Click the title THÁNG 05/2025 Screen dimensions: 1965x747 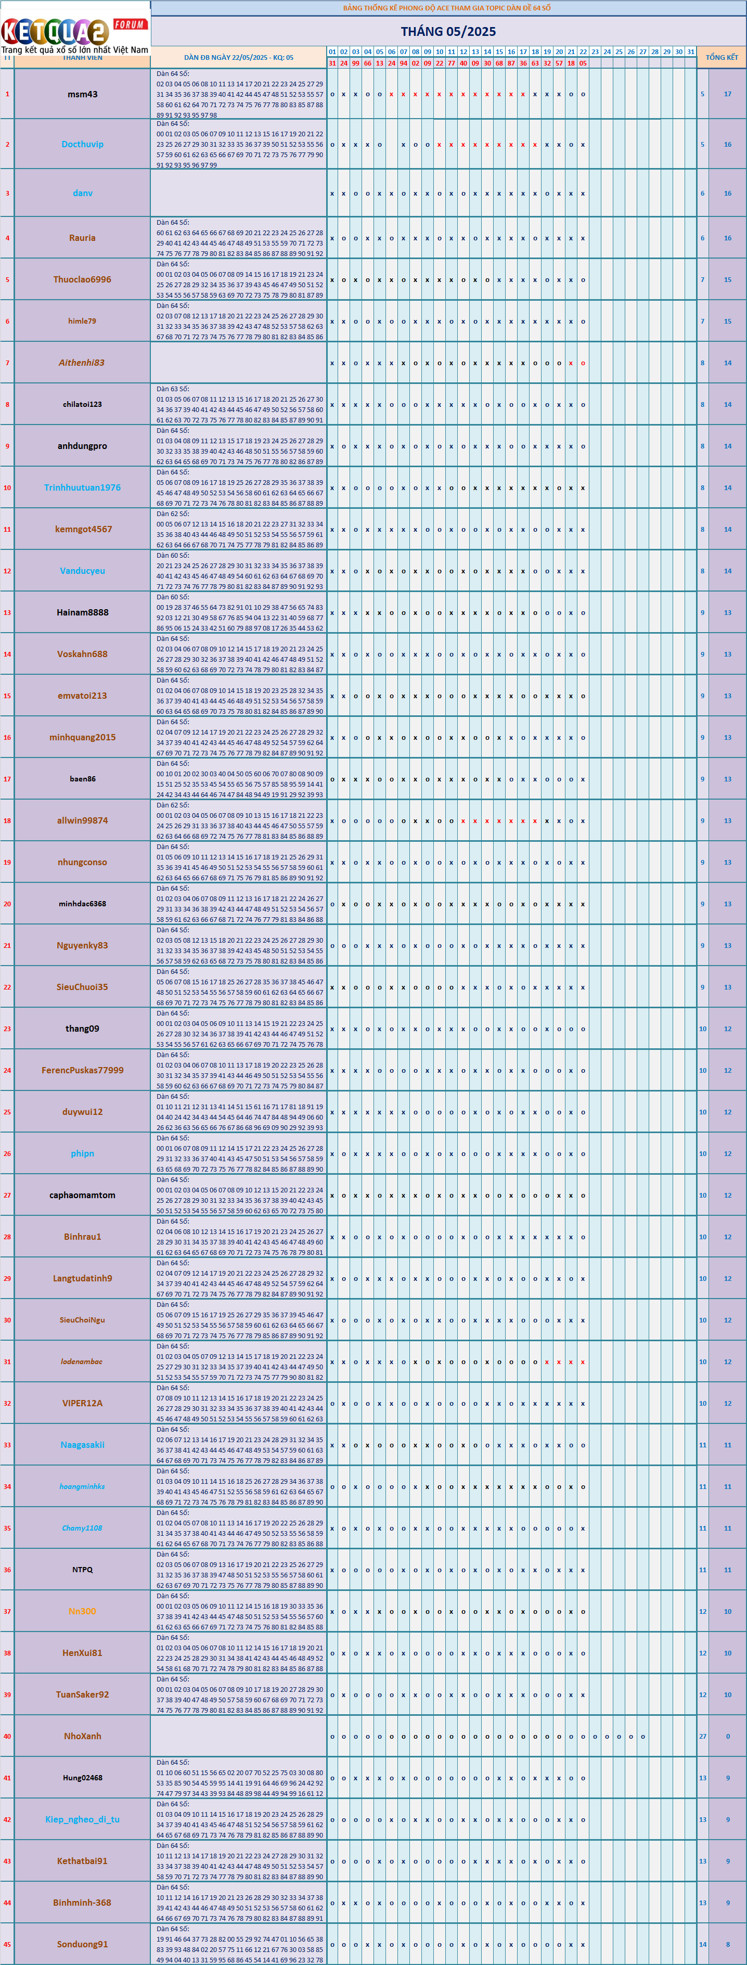[x=448, y=31]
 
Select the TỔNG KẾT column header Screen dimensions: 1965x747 [x=721, y=57]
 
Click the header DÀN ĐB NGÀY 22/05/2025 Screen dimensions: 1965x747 [x=238, y=57]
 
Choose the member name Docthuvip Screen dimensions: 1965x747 [x=82, y=144]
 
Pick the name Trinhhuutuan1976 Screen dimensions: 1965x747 [x=82, y=488]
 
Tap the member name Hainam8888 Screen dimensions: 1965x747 [x=82, y=612]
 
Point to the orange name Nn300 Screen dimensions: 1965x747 [x=82, y=1611]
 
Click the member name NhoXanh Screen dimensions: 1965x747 [x=82, y=1736]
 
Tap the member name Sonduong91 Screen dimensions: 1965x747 [x=82, y=1944]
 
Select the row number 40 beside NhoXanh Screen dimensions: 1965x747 [x=7, y=1736]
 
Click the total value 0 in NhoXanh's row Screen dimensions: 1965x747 [x=727, y=1736]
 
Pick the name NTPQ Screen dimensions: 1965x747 [x=82, y=1570]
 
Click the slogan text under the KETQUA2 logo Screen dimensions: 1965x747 [x=75, y=49]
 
